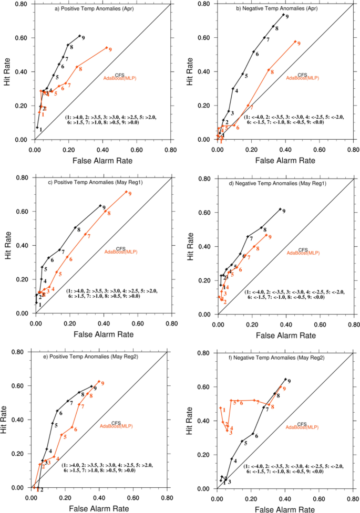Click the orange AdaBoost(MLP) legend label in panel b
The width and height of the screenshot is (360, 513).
303,78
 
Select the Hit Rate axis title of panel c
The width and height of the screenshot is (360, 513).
7,245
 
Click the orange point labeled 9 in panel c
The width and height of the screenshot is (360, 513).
126,192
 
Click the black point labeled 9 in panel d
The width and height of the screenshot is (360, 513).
280,210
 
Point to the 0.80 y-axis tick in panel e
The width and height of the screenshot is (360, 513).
19,352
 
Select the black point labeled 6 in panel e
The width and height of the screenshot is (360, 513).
57,411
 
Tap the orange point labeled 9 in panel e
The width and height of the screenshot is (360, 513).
99,382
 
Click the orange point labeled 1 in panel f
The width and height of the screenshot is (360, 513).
221,408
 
